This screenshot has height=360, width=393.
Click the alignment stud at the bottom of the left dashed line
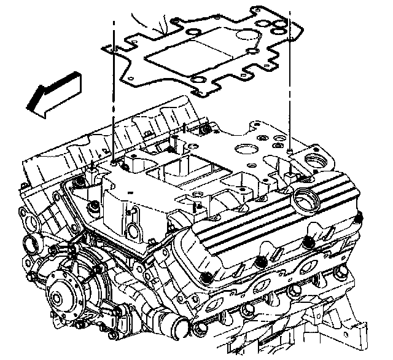[x=115, y=163]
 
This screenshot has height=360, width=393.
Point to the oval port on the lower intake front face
[x=134, y=228]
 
